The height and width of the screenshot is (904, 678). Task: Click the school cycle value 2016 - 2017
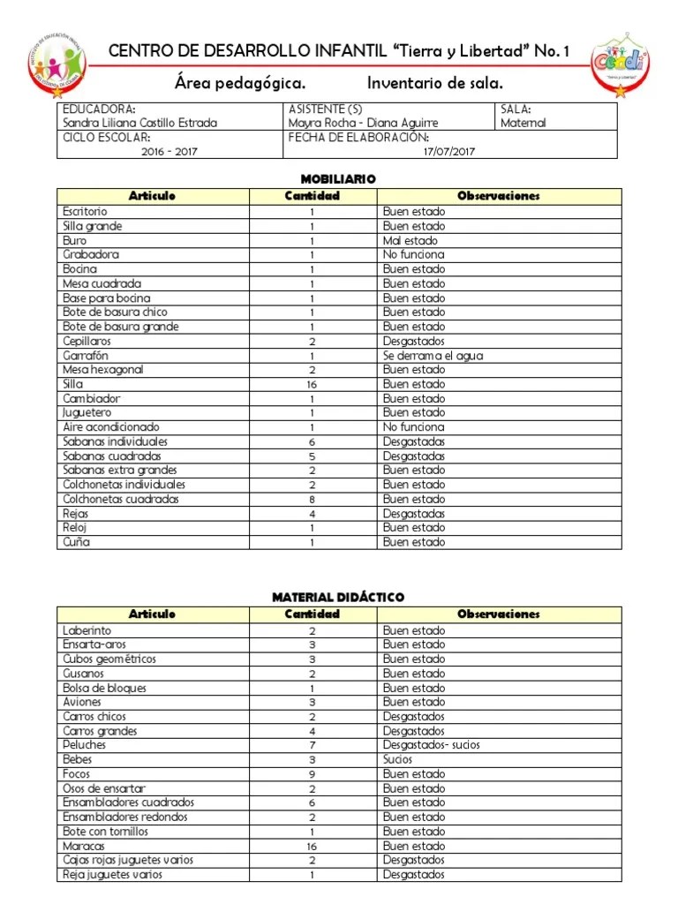169,151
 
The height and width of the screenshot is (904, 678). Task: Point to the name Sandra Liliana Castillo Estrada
139,124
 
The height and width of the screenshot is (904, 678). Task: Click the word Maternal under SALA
523,124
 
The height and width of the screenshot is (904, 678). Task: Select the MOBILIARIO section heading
339,179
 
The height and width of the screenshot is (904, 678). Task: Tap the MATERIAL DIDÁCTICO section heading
339,598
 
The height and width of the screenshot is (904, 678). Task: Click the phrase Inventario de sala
434,84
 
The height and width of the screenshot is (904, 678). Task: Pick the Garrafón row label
86,356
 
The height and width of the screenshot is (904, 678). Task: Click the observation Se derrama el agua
433,356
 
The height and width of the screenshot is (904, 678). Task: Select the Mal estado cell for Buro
410,240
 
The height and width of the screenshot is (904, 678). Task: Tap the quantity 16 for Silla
312,384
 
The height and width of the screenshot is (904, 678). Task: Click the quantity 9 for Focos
312,774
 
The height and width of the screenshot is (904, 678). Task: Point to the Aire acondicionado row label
111,427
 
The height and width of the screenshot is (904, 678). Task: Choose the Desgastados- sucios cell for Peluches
431,745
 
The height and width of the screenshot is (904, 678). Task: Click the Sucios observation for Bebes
398,759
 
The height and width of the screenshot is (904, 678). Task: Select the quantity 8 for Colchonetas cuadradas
312,499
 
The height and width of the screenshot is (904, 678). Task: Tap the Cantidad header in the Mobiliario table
312,196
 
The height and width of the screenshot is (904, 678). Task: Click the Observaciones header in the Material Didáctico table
498,614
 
